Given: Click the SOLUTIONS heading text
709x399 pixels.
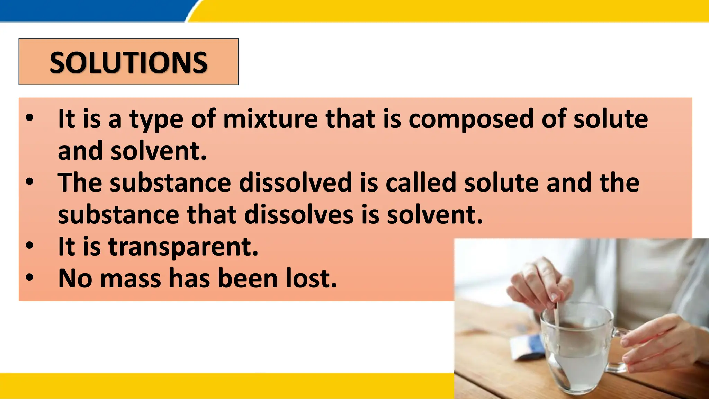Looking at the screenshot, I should click(x=128, y=63).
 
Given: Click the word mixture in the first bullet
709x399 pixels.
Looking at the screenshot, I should click(x=270, y=119).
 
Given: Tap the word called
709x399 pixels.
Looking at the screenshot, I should click(x=421, y=183).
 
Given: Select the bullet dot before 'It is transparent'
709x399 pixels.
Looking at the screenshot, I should click(x=30, y=246).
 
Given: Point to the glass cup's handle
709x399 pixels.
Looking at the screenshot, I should click(x=621, y=350).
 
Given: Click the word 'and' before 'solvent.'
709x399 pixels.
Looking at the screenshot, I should click(x=80, y=151).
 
